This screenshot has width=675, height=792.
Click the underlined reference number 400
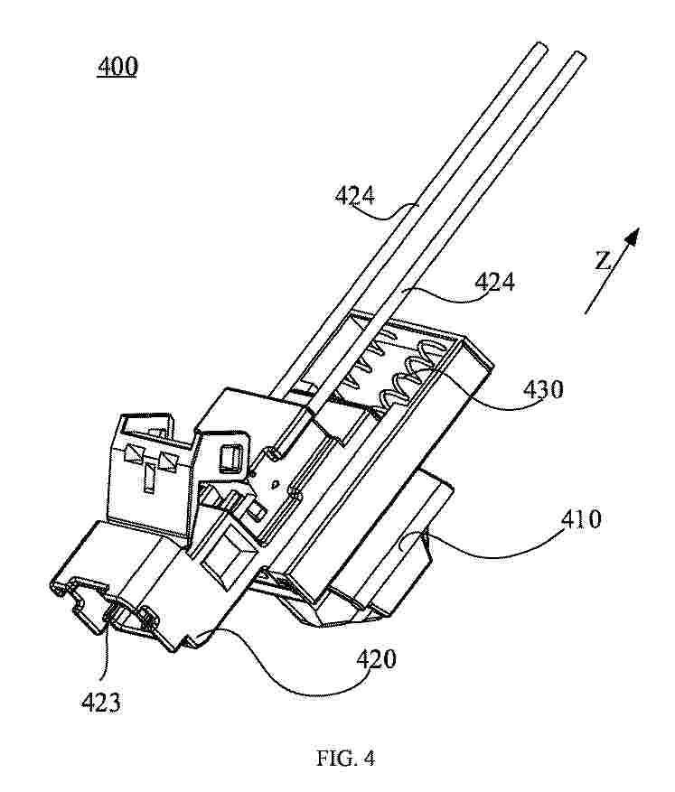coord(117,67)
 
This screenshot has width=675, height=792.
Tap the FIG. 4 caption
coord(345,758)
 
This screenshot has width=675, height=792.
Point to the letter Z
coord(601,261)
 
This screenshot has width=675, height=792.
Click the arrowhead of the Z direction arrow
coord(632,237)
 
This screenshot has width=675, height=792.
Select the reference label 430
coord(543,389)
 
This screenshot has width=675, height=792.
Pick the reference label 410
coord(581,518)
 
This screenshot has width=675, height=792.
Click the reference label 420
coord(376,659)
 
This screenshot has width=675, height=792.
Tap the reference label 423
coord(101,703)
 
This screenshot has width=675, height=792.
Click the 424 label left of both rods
coord(355,195)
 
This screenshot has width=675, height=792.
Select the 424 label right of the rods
coord(494,282)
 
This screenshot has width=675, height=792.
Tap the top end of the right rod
coord(579,54)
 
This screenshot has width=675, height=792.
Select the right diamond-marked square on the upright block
coord(167,461)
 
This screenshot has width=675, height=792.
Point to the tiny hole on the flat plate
coord(275,484)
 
